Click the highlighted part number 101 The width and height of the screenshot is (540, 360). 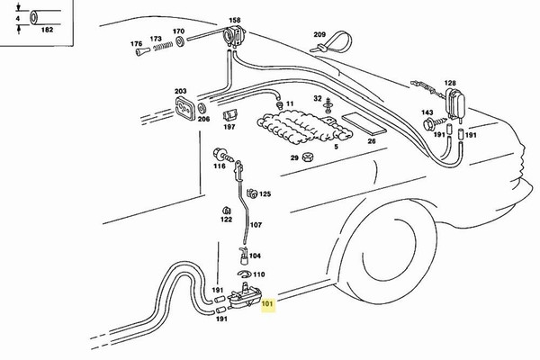pyautogui.click(x=267, y=304)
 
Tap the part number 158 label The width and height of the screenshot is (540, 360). pyautogui.click(x=235, y=19)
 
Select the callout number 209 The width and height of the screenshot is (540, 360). pyautogui.click(x=319, y=34)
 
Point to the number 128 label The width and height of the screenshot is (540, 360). pyautogui.click(x=450, y=82)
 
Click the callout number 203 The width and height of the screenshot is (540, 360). pyautogui.click(x=180, y=91)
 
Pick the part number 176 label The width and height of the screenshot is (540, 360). pyautogui.click(x=136, y=43)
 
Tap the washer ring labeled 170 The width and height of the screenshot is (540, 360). pyautogui.click(x=179, y=43)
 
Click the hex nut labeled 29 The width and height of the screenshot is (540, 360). pyautogui.click(x=309, y=158)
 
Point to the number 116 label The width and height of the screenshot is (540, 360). pyautogui.click(x=220, y=166)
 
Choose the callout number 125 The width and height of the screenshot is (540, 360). pyautogui.click(x=265, y=193)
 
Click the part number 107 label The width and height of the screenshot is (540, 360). pyautogui.click(x=256, y=225)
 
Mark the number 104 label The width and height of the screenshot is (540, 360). pyautogui.click(x=255, y=256)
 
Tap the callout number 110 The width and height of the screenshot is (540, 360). pyautogui.click(x=259, y=274)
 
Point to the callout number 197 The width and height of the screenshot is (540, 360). pyautogui.click(x=229, y=128)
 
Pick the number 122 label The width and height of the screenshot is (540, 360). pyautogui.click(x=227, y=219)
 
